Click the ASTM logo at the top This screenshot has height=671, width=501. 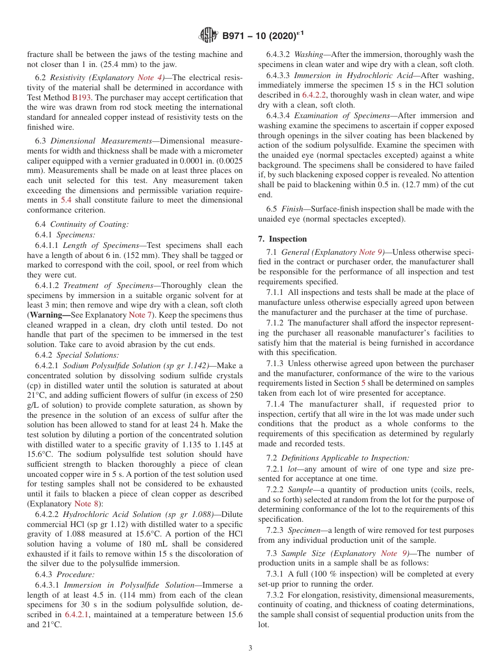pos(208,36)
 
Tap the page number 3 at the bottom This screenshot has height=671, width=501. pos(250,648)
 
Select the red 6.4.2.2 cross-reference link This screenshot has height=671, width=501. pos(315,95)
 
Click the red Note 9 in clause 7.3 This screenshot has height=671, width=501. pos(393,553)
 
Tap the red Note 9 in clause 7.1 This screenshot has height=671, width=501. pos(371,252)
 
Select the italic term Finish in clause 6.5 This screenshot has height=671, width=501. pos(293,209)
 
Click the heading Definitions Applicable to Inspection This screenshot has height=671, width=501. pos(345,458)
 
